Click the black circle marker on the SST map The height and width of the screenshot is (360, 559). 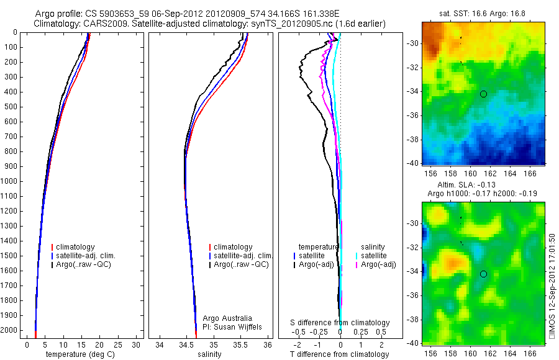point(483,94)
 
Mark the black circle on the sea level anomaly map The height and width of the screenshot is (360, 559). point(483,274)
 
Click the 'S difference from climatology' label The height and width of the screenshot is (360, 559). point(340,323)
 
